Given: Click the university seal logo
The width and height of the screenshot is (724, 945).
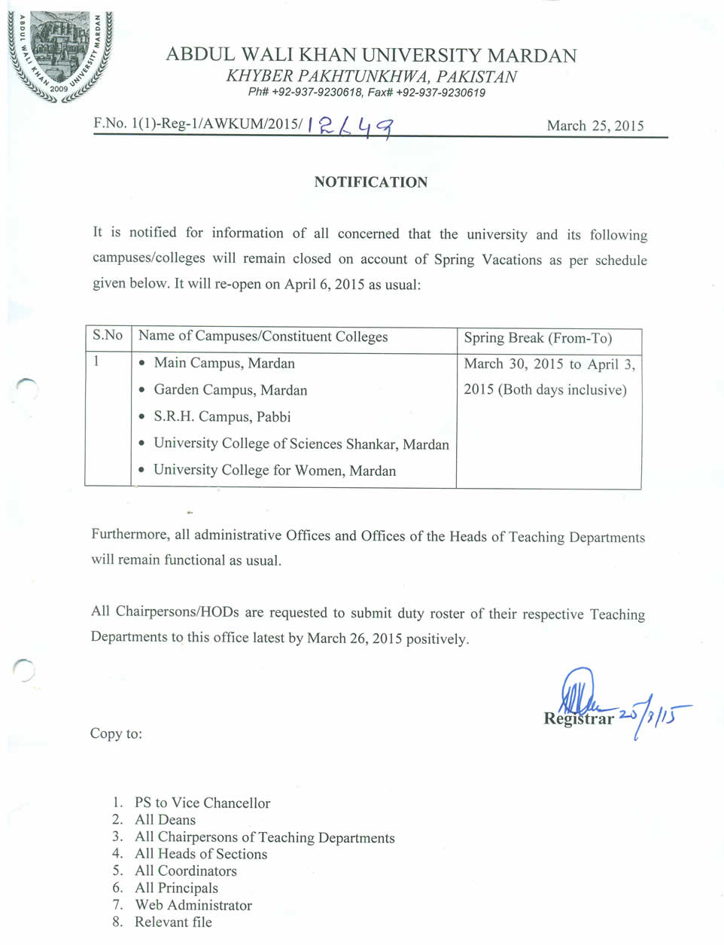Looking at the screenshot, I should (x=59, y=54).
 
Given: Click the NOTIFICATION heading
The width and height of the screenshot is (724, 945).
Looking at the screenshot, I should (x=371, y=182).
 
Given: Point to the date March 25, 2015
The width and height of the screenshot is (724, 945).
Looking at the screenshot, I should (x=595, y=126).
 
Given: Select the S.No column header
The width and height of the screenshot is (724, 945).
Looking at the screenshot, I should (x=108, y=336).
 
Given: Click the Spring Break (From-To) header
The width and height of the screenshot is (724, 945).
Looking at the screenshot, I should (x=537, y=338).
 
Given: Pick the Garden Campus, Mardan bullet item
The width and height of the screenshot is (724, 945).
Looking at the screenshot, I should (x=230, y=390).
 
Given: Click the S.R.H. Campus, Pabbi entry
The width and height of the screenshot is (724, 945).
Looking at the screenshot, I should (x=222, y=416).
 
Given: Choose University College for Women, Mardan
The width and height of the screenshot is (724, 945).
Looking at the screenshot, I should (x=275, y=471).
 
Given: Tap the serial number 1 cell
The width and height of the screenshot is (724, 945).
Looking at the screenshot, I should (x=97, y=361).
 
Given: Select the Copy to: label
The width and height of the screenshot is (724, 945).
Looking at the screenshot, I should (x=116, y=733).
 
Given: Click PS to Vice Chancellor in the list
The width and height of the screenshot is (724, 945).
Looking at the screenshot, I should (x=202, y=803).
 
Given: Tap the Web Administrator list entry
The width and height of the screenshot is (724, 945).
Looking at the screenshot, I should (x=193, y=905).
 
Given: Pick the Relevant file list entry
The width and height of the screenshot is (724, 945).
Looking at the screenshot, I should (x=173, y=922).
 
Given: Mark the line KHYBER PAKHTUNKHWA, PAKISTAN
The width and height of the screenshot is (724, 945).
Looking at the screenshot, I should (x=371, y=76).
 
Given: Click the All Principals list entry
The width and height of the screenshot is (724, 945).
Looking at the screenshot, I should (x=176, y=889).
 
